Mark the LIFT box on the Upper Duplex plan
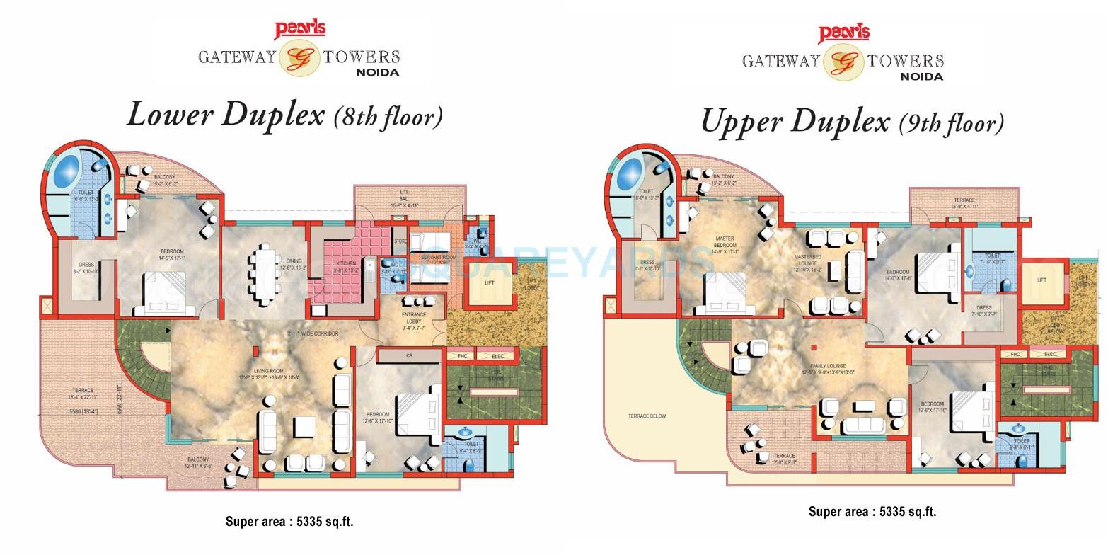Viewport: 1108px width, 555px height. (1041, 280)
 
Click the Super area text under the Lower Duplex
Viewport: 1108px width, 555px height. (289, 522)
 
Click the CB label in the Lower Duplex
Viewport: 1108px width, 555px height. (409, 355)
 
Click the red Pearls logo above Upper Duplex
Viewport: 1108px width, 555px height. (843, 33)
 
